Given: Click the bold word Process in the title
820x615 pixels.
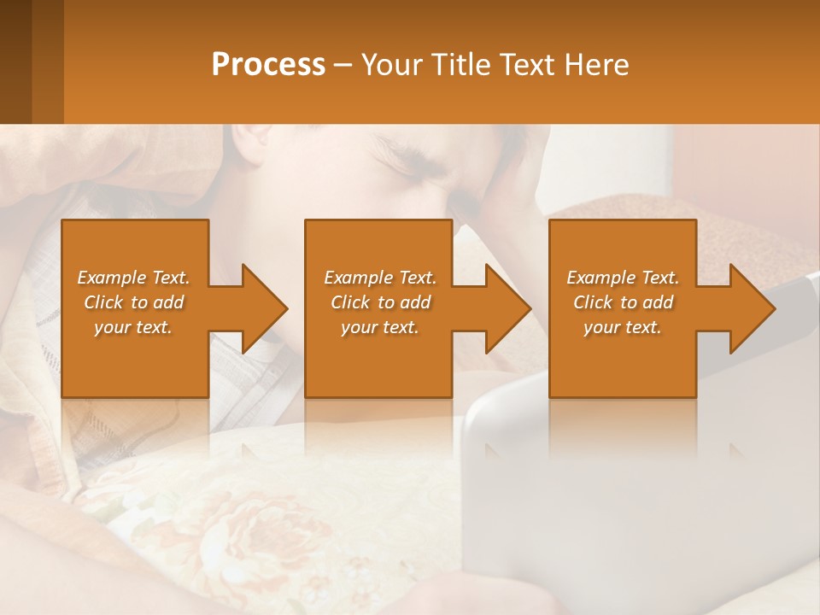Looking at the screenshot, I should tap(268, 64).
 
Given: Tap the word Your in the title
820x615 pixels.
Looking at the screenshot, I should tap(390, 64).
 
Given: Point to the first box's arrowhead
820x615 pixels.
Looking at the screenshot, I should tap(265, 308).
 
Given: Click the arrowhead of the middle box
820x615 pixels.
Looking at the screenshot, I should tap(508, 308).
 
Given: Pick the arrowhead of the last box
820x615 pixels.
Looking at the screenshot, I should tap(752, 308).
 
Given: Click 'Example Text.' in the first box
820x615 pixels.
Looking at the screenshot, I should tap(133, 278).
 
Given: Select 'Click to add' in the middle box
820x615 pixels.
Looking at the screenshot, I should tap(380, 302).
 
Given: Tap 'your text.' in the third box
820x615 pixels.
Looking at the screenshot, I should tap(622, 327).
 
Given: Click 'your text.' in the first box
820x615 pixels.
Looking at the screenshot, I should tap(133, 327).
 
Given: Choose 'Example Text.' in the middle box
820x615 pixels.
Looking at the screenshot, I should tap(380, 278).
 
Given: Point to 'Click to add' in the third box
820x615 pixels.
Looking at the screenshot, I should tap(623, 302).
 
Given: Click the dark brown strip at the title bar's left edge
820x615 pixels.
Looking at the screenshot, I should tap(15, 61).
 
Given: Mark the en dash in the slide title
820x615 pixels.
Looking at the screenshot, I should tap(343, 65).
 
